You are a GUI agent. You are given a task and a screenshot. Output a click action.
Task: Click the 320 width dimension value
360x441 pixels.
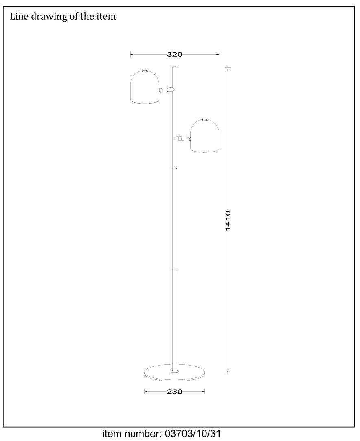174,54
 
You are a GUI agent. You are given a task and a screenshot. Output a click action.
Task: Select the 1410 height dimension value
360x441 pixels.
228,220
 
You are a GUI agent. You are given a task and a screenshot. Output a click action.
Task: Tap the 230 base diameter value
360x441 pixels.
174,392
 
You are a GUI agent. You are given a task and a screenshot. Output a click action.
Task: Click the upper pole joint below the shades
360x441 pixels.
174,168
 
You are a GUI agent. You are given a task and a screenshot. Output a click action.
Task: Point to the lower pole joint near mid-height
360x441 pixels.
174,269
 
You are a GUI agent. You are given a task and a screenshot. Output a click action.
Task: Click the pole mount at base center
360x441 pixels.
174,371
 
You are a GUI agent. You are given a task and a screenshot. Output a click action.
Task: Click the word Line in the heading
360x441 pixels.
18,17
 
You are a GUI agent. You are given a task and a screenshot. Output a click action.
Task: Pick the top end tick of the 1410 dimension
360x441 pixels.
228,68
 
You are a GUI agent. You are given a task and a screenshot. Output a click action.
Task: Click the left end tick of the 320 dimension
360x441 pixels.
131,54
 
